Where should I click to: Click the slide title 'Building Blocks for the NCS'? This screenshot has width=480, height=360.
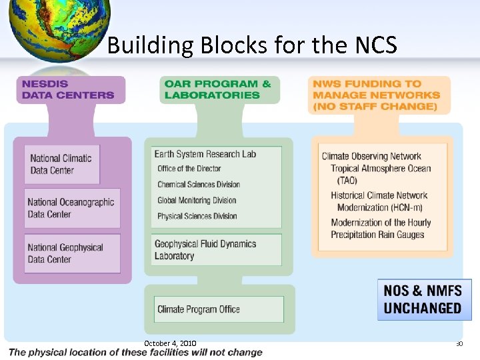(x=252, y=45)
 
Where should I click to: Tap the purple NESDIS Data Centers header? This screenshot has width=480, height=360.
(x=69, y=89)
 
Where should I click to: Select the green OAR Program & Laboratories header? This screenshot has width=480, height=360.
(x=218, y=89)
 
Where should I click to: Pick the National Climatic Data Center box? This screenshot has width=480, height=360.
(x=61, y=164)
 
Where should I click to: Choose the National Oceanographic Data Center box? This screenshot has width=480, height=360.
(x=72, y=208)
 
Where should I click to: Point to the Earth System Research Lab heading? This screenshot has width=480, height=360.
(x=205, y=154)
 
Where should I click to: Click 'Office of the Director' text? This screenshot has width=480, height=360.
(x=189, y=169)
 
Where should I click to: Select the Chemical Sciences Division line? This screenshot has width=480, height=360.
(x=199, y=185)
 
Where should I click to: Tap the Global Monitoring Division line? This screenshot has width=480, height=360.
(x=197, y=200)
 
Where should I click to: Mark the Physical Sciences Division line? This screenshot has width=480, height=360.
(x=197, y=216)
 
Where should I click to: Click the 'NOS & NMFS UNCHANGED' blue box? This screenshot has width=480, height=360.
(x=423, y=299)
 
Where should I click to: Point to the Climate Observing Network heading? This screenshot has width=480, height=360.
(x=371, y=156)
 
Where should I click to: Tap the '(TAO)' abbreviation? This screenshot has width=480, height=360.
(x=347, y=181)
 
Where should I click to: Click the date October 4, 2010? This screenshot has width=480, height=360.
(x=170, y=343)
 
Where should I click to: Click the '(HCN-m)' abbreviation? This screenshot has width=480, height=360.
(x=398, y=207)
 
